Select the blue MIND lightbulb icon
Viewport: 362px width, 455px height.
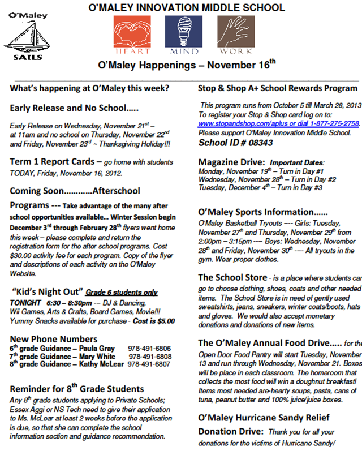tap(183, 32)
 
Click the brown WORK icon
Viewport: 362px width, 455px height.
tap(234, 32)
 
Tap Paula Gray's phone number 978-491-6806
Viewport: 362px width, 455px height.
tap(149, 349)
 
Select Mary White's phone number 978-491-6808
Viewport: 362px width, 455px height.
tap(150, 357)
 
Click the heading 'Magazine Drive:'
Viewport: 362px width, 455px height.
tap(231, 162)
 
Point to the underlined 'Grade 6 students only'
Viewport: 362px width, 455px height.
tap(122, 293)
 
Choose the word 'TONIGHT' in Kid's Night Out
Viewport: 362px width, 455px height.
tap(26, 303)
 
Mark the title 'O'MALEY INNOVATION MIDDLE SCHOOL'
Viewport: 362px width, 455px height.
tap(187, 8)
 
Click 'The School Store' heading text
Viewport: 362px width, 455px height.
tap(232, 278)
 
